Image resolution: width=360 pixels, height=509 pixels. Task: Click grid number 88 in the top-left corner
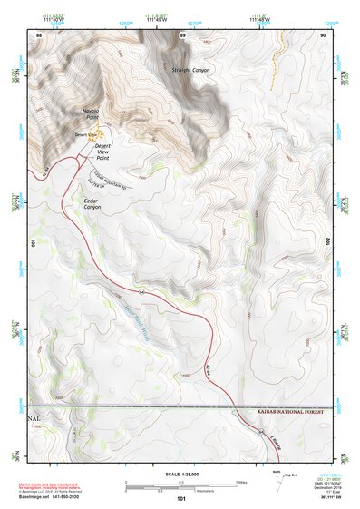[x=39, y=34]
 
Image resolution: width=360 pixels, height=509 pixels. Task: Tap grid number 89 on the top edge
[x=183, y=34]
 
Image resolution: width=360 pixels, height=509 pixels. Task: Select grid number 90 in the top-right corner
[x=323, y=34]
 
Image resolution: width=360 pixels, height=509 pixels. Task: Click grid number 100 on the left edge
[x=34, y=243]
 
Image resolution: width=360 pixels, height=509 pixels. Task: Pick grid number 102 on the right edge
[x=327, y=243]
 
